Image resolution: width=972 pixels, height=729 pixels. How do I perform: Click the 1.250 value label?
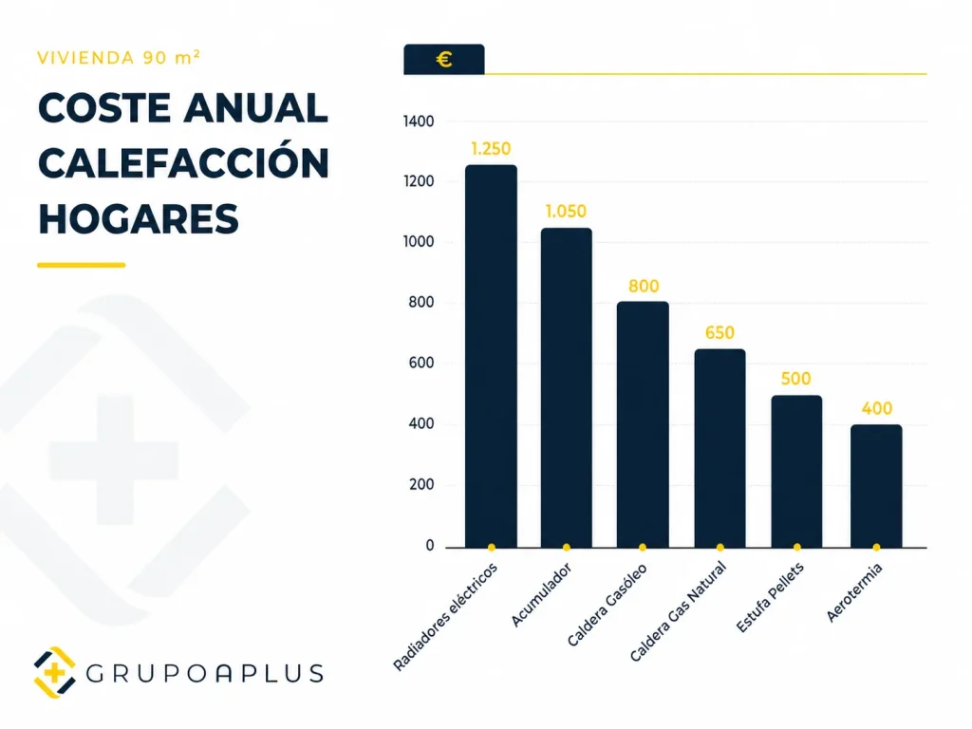tap(491, 149)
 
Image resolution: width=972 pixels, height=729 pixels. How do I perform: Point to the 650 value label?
tap(720, 333)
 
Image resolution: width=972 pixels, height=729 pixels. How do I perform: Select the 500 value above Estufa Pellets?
tap(796, 380)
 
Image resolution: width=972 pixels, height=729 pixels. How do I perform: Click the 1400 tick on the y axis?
tap(418, 121)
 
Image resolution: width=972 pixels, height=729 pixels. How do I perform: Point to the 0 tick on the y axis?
tap(429, 546)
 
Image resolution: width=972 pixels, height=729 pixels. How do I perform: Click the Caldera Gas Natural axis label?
tap(679, 611)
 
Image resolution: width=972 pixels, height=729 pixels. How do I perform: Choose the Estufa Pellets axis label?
tap(770, 599)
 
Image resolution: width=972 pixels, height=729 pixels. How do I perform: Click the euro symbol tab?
tap(443, 60)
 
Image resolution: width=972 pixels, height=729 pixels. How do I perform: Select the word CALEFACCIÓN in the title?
tap(183, 163)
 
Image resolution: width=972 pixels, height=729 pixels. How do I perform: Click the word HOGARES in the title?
tap(139, 218)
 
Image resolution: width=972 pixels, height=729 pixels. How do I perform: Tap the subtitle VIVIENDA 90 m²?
tap(119, 57)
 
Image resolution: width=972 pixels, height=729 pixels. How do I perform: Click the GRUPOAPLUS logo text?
tap(205, 674)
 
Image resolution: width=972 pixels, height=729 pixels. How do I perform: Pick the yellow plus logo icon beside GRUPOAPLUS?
tap(54, 673)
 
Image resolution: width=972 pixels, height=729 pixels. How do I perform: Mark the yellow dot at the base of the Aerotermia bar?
tap(876, 547)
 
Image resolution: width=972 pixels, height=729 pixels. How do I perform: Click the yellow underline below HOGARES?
tap(82, 265)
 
